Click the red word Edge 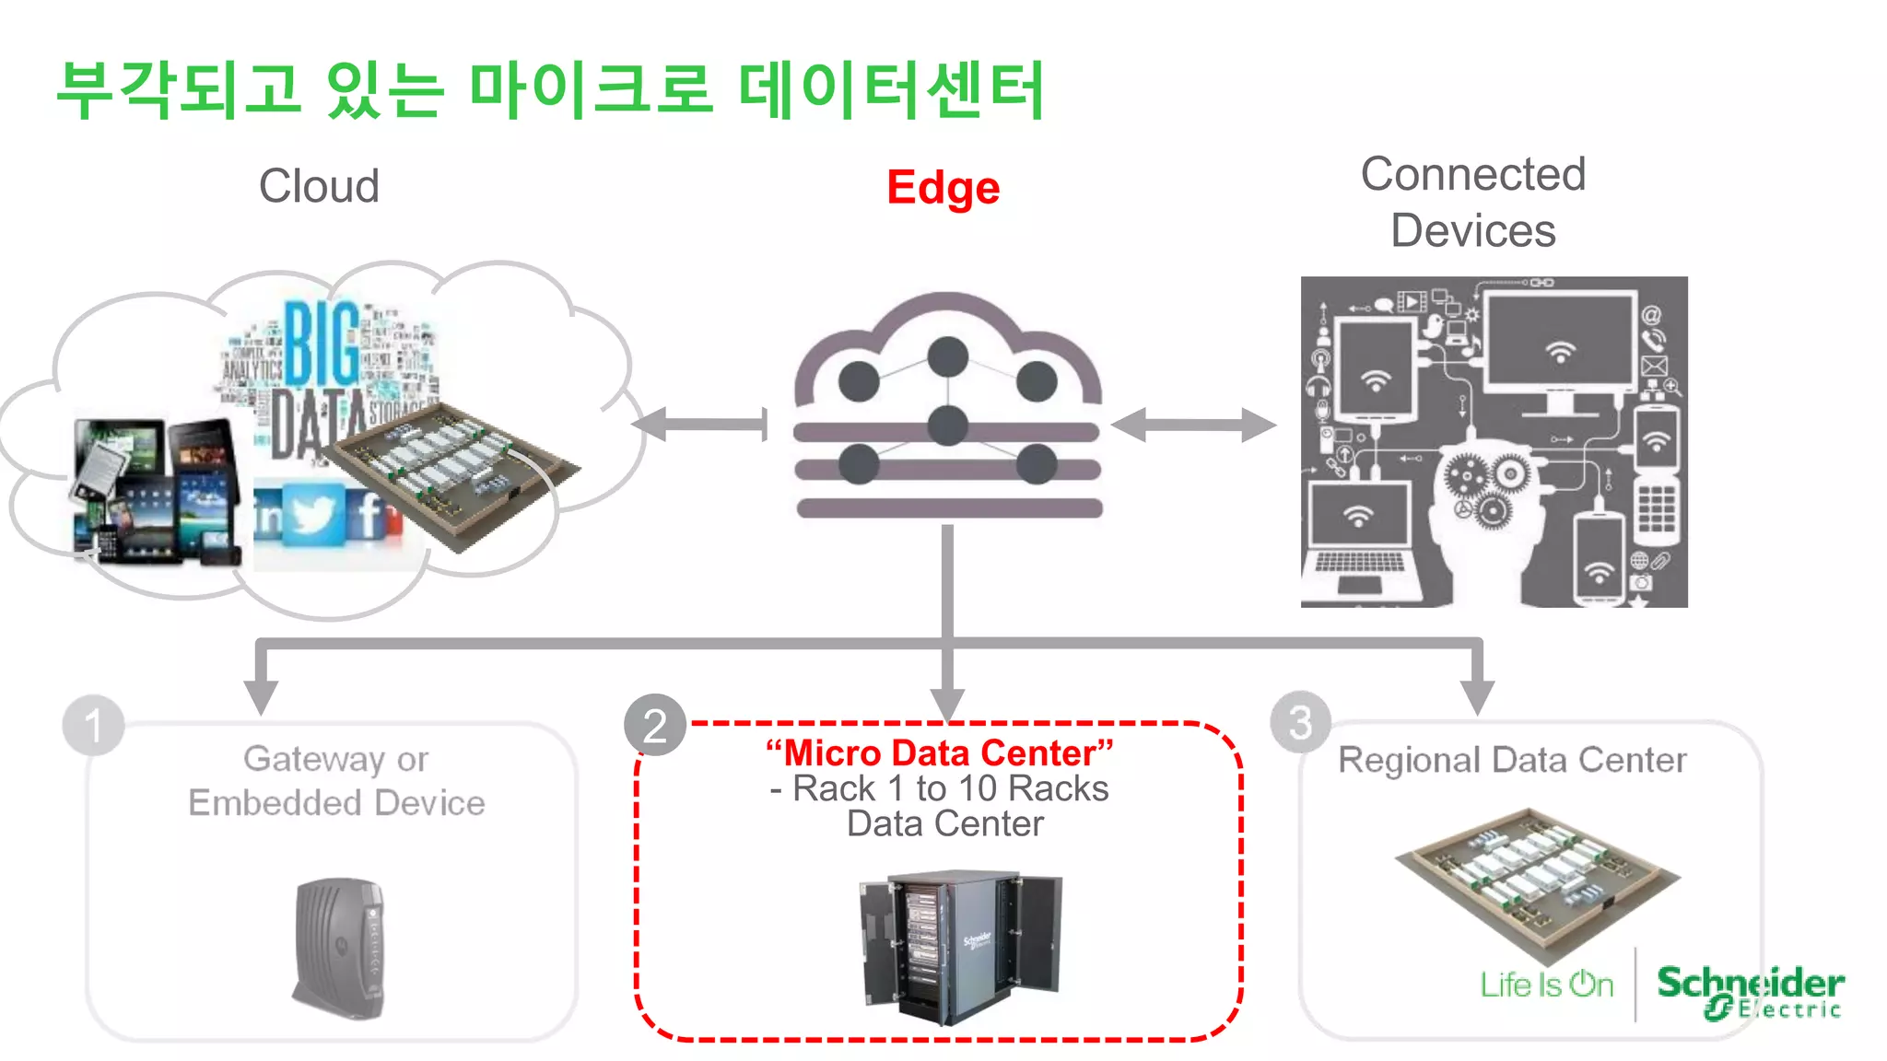coord(943,188)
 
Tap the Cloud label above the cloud coord(319,186)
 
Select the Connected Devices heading coord(1473,202)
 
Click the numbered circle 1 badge coord(93,726)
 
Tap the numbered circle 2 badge coord(654,726)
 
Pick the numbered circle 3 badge coord(1299,723)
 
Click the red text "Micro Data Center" coord(940,753)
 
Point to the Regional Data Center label coord(1512,760)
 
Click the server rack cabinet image coord(959,946)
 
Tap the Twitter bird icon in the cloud coord(313,513)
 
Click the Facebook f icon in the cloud coord(369,513)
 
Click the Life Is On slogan coord(1547,985)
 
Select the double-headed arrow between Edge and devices coord(1193,425)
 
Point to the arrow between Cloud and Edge coord(701,425)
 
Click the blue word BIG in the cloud coord(322,343)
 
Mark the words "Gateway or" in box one coord(336,759)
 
